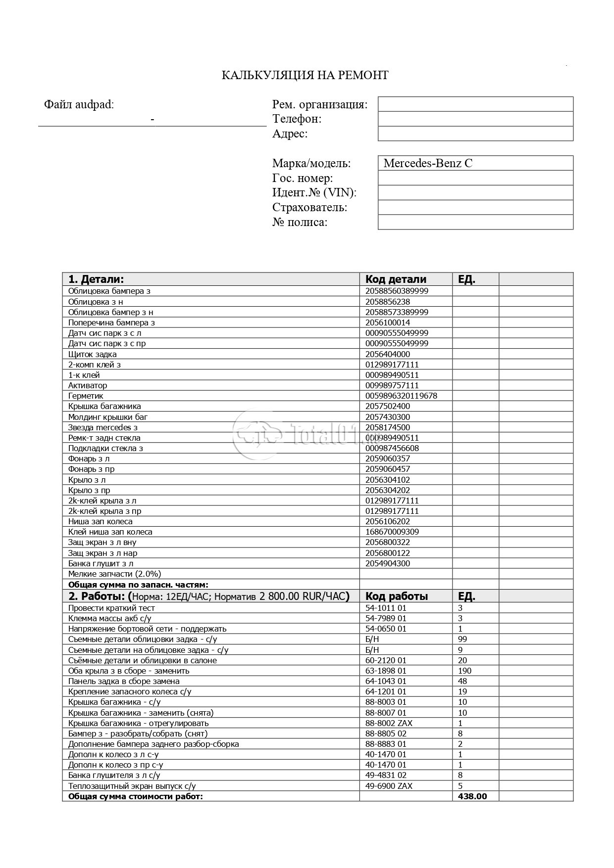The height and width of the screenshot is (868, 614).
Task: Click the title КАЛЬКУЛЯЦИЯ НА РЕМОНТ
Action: [x=305, y=75]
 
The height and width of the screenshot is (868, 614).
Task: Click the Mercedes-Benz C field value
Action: [x=428, y=163]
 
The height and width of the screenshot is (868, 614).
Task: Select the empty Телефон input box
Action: [x=475, y=119]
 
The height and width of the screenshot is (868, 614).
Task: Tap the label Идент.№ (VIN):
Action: [x=314, y=192]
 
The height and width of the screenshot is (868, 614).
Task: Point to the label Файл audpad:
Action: [x=79, y=104]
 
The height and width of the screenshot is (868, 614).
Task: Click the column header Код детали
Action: [x=396, y=279]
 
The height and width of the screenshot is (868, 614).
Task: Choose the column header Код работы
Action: [x=396, y=596]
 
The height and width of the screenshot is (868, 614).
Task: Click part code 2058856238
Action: [x=388, y=302]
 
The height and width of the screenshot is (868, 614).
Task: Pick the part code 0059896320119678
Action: [x=401, y=396]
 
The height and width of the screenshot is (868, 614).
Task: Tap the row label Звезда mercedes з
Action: [x=103, y=427]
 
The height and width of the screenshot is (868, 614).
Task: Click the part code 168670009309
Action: [x=392, y=532]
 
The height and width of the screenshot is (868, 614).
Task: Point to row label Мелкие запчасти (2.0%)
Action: [x=114, y=574]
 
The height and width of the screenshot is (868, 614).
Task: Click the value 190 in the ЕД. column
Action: [x=465, y=671]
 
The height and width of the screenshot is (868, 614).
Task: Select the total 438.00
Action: [x=472, y=796]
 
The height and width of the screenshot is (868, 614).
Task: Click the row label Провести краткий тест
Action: [x=111, y=608]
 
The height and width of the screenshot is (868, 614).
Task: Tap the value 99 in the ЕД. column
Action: [x=462, y=639]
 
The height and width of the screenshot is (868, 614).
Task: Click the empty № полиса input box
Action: [x=475, y=222]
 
